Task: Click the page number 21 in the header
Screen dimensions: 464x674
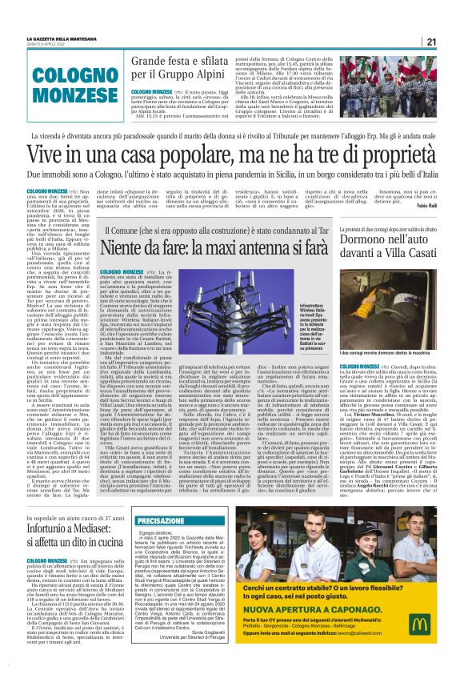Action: pyautogui.click(x=430, y=42)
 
